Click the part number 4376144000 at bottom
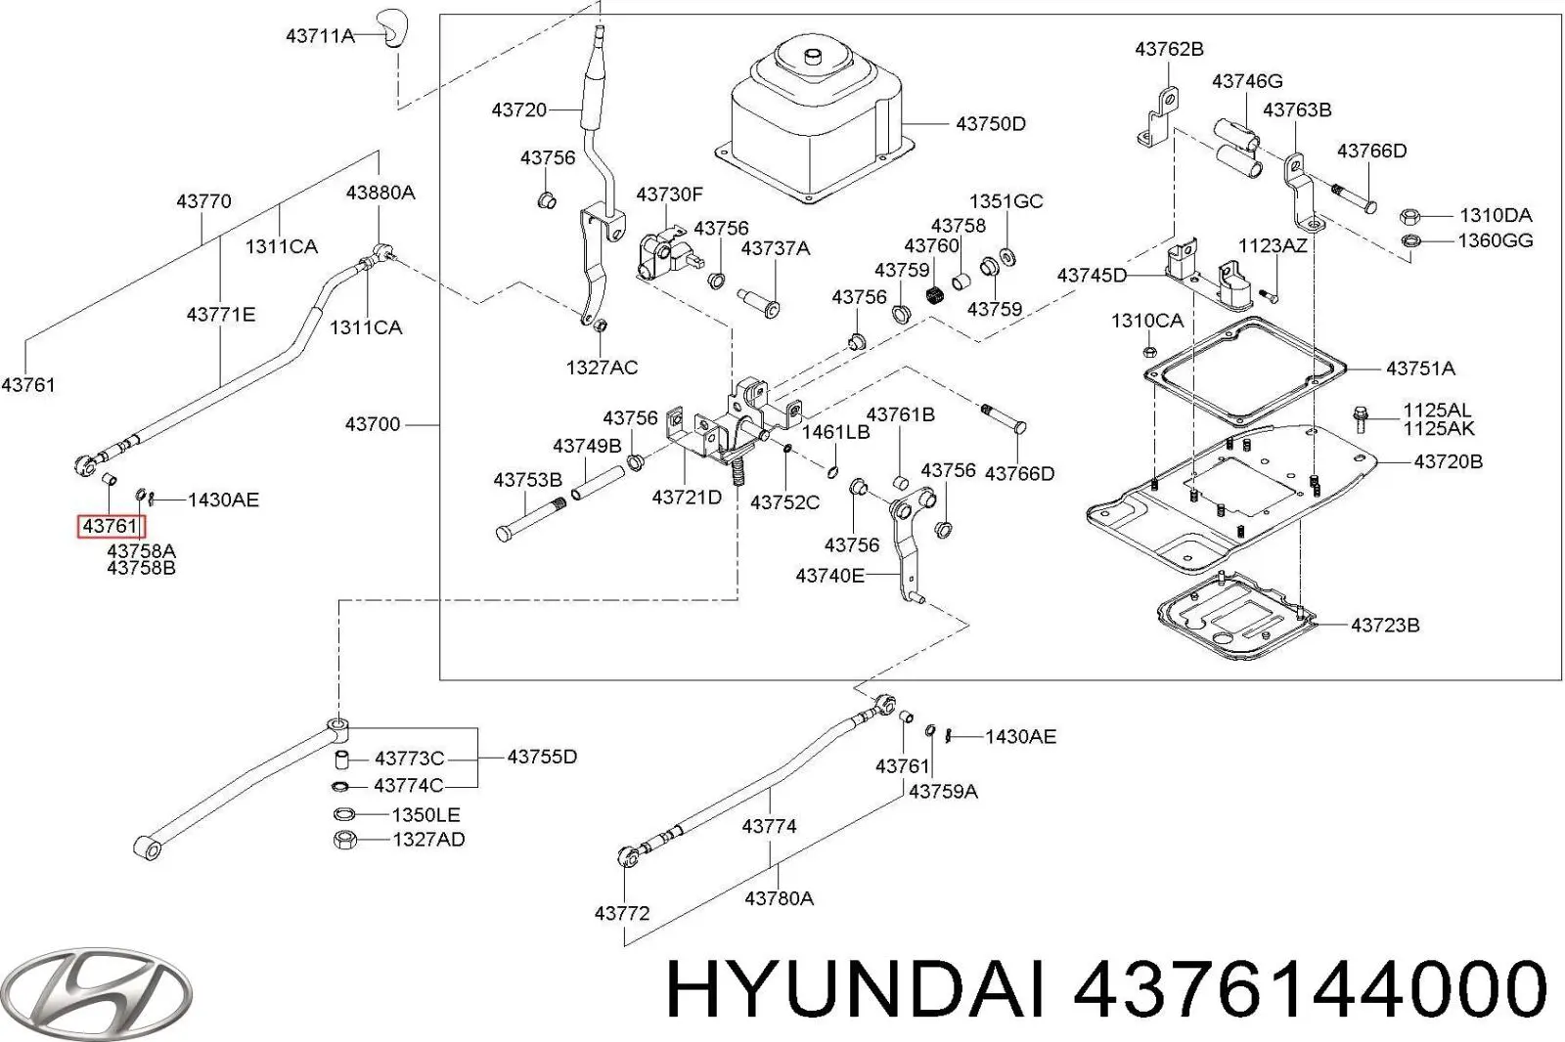1310,989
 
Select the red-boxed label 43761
112,527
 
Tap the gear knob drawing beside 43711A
391,29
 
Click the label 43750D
990,124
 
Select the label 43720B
1448,461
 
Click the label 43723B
1384,625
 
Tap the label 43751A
1420,369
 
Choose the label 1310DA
1496,215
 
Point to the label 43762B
1169,49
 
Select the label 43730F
669,195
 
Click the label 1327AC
602,368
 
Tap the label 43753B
527,480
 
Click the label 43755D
542,757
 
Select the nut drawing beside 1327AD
343,840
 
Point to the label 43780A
779,897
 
